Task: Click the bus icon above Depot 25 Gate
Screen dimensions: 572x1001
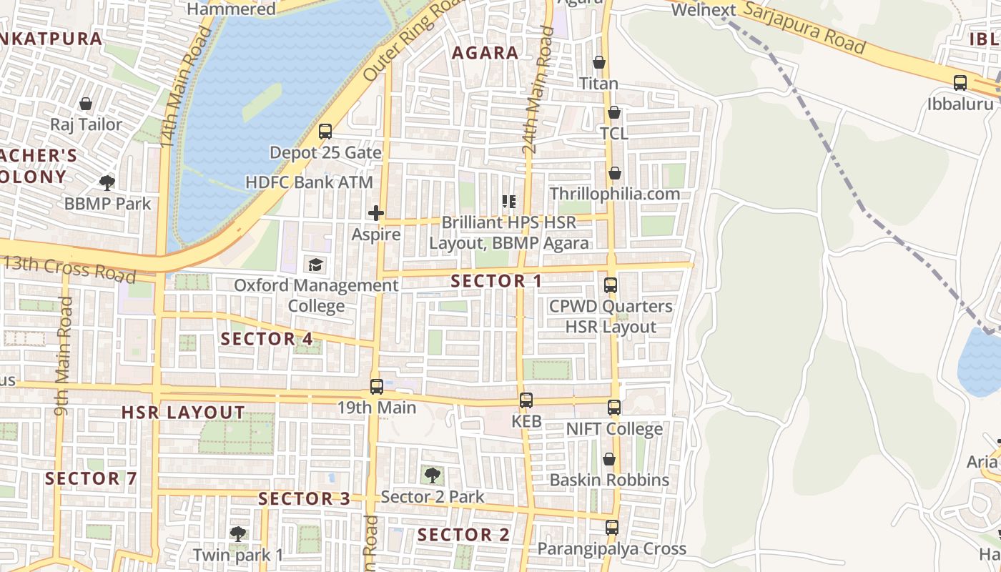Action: click(x=325, y=132)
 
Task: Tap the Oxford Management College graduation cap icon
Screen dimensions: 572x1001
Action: click(x=315, y=265)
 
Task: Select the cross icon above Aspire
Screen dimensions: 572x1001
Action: click(x=375, y=213)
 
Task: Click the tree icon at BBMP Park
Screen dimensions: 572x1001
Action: click(x=107, y=183)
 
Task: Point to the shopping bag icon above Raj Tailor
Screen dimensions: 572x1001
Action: click(x=86, y=104)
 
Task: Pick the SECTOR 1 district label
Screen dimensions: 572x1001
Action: click(x=497, y=281)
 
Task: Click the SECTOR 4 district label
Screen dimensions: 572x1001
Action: click(x=267, y=339)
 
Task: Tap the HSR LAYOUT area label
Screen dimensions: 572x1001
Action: click(x=183, y=413)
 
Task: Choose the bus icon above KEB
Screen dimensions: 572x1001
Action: click(x=526, y=400)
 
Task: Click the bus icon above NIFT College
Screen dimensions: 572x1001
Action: click(x=614, y=408)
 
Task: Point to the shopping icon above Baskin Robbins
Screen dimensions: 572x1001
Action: click(x=609, y=459)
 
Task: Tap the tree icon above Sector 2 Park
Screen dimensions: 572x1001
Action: click(x=432, y=475)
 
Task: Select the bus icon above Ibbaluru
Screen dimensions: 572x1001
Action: click(x=960, y=83)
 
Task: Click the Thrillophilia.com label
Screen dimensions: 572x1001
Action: click(x=614, y=194)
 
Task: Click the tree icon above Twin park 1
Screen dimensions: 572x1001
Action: click(x=238, y=533)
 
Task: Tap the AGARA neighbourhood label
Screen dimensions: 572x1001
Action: click(x=485, y=53)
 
